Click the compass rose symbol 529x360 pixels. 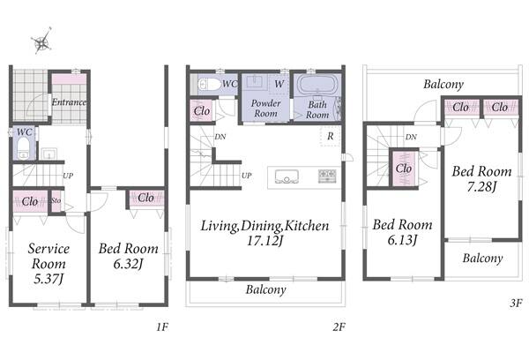tap(41, 41)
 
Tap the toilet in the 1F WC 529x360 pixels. tap(23, 147)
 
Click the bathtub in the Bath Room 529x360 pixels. tap(316, 84)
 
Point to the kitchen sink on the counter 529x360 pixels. tap(287, 176)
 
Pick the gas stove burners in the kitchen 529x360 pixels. tap(327, 176)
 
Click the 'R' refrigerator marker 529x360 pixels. tap(331, 136)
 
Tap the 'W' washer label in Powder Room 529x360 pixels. tap(279, 84)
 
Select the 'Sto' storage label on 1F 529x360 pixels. tap(56, 200)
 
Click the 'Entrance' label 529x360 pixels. tap(69, 102)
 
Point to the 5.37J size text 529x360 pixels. tap(48, 279)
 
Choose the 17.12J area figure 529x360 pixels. tap(264, 241)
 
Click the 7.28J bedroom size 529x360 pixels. tap(481, 186)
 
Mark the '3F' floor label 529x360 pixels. tap(516, 303)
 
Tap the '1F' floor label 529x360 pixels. tap(162, 326)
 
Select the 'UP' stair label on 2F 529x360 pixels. tap(246, 176)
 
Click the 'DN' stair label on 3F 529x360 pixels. tap(411, 137)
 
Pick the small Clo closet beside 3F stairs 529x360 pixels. tap(404, 169)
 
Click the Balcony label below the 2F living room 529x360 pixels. tap(266, 289)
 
